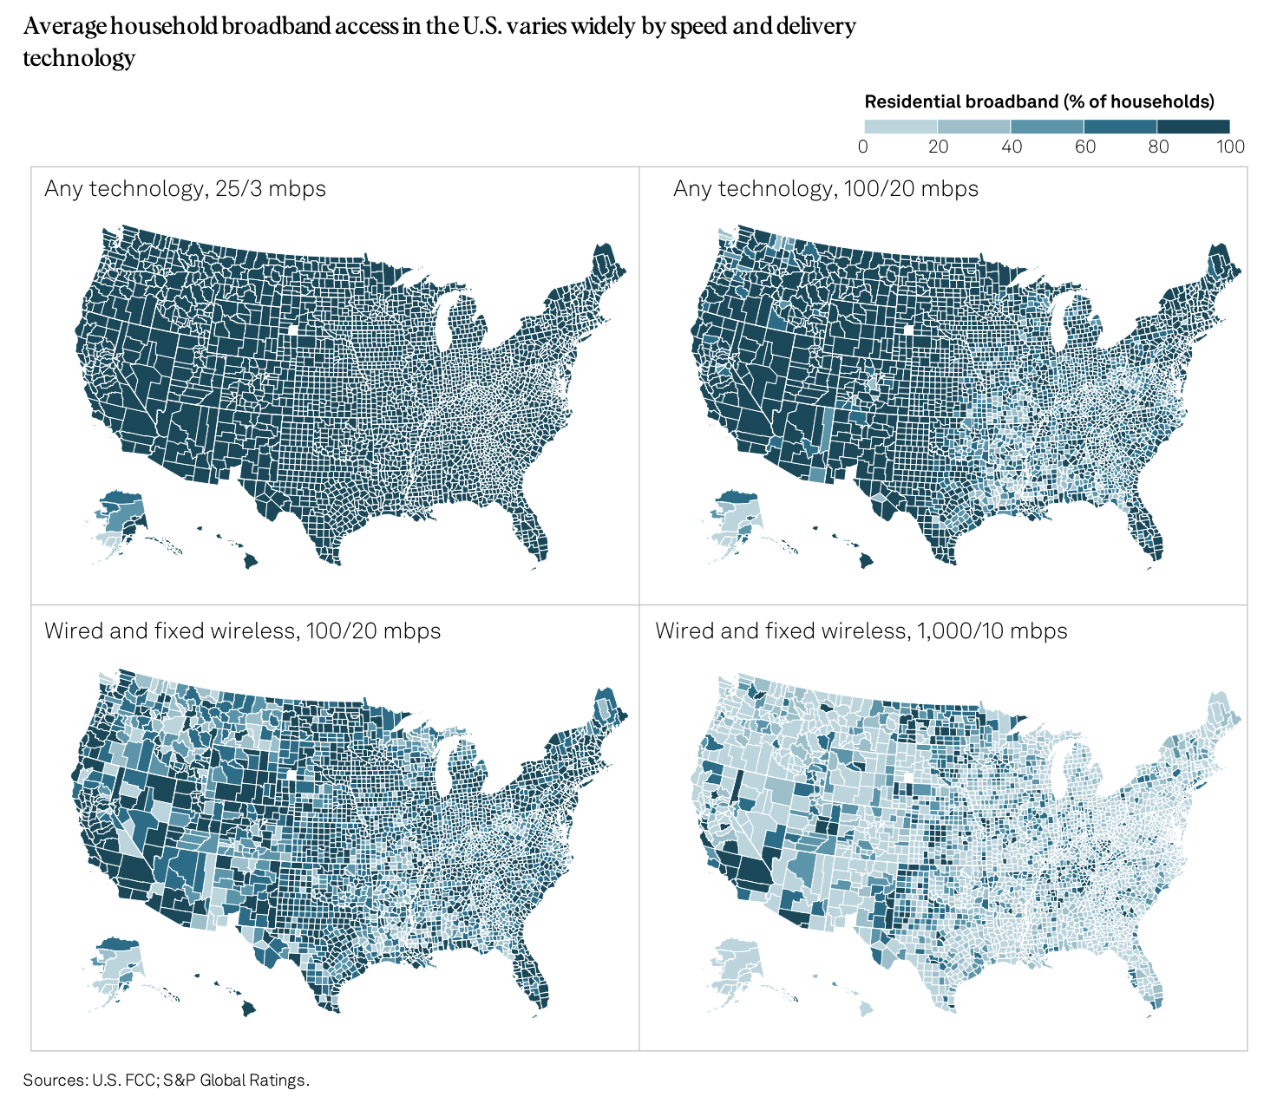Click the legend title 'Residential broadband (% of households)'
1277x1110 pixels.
[1039, 101]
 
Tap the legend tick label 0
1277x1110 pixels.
[862, 147]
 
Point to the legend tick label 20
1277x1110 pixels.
[938, 147]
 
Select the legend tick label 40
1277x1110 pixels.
[1012, 147]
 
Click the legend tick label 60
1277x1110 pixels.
[1084, 147]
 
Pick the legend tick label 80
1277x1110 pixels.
[1158, 147]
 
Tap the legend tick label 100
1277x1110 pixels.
[1230, 147]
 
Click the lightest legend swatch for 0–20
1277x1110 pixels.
[900, 127]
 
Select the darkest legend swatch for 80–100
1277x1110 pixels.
[1194, 127]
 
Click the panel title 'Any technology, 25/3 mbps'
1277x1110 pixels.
[185, 188]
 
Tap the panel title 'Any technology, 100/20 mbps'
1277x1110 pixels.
[825, 188]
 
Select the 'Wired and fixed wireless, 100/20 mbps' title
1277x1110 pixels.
[242, 630]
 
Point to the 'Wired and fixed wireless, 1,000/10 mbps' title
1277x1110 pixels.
[861, 630]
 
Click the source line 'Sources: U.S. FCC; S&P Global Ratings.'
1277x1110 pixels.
[166, 1080]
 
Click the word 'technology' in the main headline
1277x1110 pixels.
[79, 58]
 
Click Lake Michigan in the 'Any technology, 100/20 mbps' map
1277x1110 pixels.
[1058, 326]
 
